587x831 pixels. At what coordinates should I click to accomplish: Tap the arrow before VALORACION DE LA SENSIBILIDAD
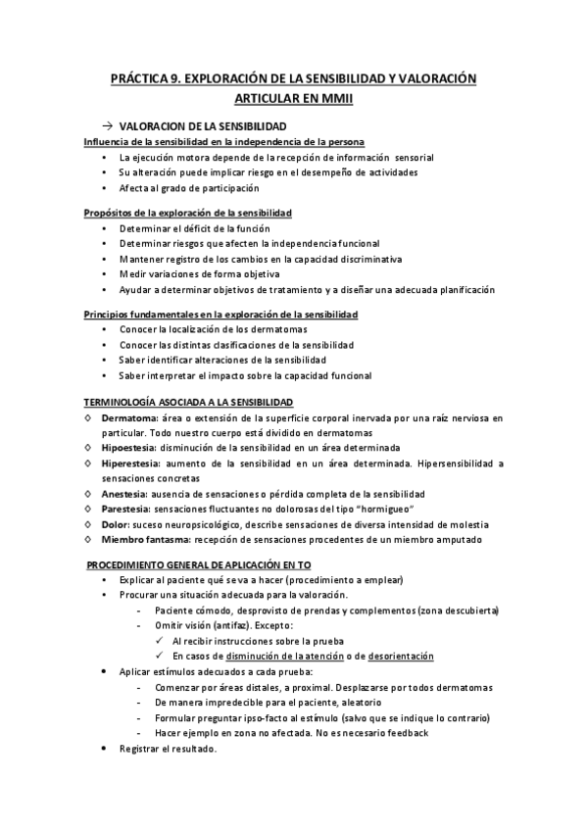pos(107,127)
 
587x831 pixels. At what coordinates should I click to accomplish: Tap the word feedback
pos(404,733)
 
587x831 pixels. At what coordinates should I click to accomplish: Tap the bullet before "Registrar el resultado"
pos(107,749)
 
